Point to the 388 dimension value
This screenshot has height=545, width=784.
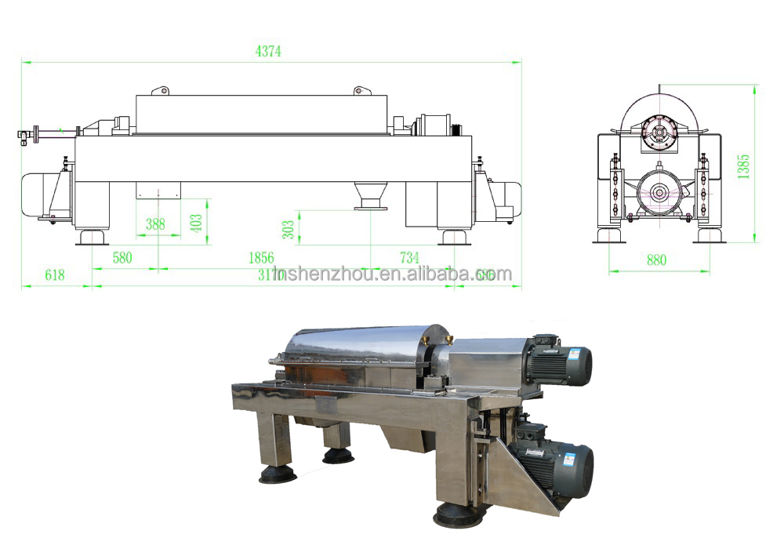click(x=156, y=223)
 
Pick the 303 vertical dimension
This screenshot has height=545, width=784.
click(x=289, y=228)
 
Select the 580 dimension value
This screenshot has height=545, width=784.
click(x=122, y=257)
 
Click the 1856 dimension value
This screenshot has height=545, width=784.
click(x=260, y=257)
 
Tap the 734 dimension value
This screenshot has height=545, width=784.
click(x=409, y=257)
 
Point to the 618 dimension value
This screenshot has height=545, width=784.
click(x=54, y=274)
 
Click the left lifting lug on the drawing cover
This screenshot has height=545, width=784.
click(x=161, y=91)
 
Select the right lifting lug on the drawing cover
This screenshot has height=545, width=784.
click(x=361, y=91)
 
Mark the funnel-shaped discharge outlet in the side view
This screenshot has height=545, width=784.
click(x=370, y=195)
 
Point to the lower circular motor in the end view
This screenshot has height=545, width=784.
click(x=656, y=191)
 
